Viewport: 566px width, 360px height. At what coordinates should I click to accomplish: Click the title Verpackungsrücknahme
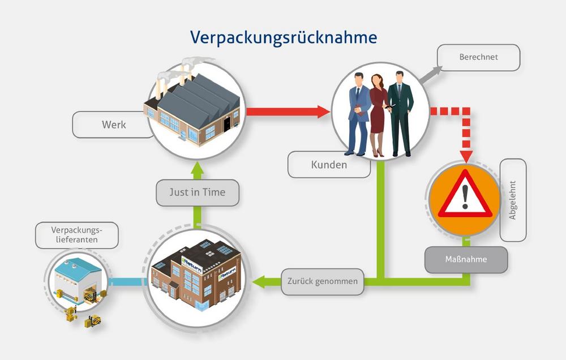pos(284,38)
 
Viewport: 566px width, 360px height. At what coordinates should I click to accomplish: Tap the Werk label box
pos(113,125)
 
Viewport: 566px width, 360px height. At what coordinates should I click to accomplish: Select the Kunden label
pos(329,165)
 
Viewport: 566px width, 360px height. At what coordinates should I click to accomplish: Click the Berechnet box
pos(479,57)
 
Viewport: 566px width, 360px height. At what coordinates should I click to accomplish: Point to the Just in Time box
pos(198,193)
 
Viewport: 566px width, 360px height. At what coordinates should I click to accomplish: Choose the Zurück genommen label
pos(323,282)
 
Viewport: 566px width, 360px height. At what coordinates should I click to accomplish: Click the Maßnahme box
pos(466,260)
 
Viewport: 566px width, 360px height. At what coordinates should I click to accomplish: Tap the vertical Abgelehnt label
pos(513,200)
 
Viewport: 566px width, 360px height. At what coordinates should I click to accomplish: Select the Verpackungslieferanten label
pos(77,235)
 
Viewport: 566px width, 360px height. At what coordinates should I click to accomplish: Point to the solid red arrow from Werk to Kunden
pos(288,112)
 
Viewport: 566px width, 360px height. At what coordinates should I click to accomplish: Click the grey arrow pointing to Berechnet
pos(431,75)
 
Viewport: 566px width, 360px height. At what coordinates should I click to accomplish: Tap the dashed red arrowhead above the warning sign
pos(466,156)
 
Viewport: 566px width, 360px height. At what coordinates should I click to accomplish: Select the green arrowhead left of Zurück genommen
pos(259,282)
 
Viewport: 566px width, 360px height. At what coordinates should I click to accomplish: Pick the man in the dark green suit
pos(400,114)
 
